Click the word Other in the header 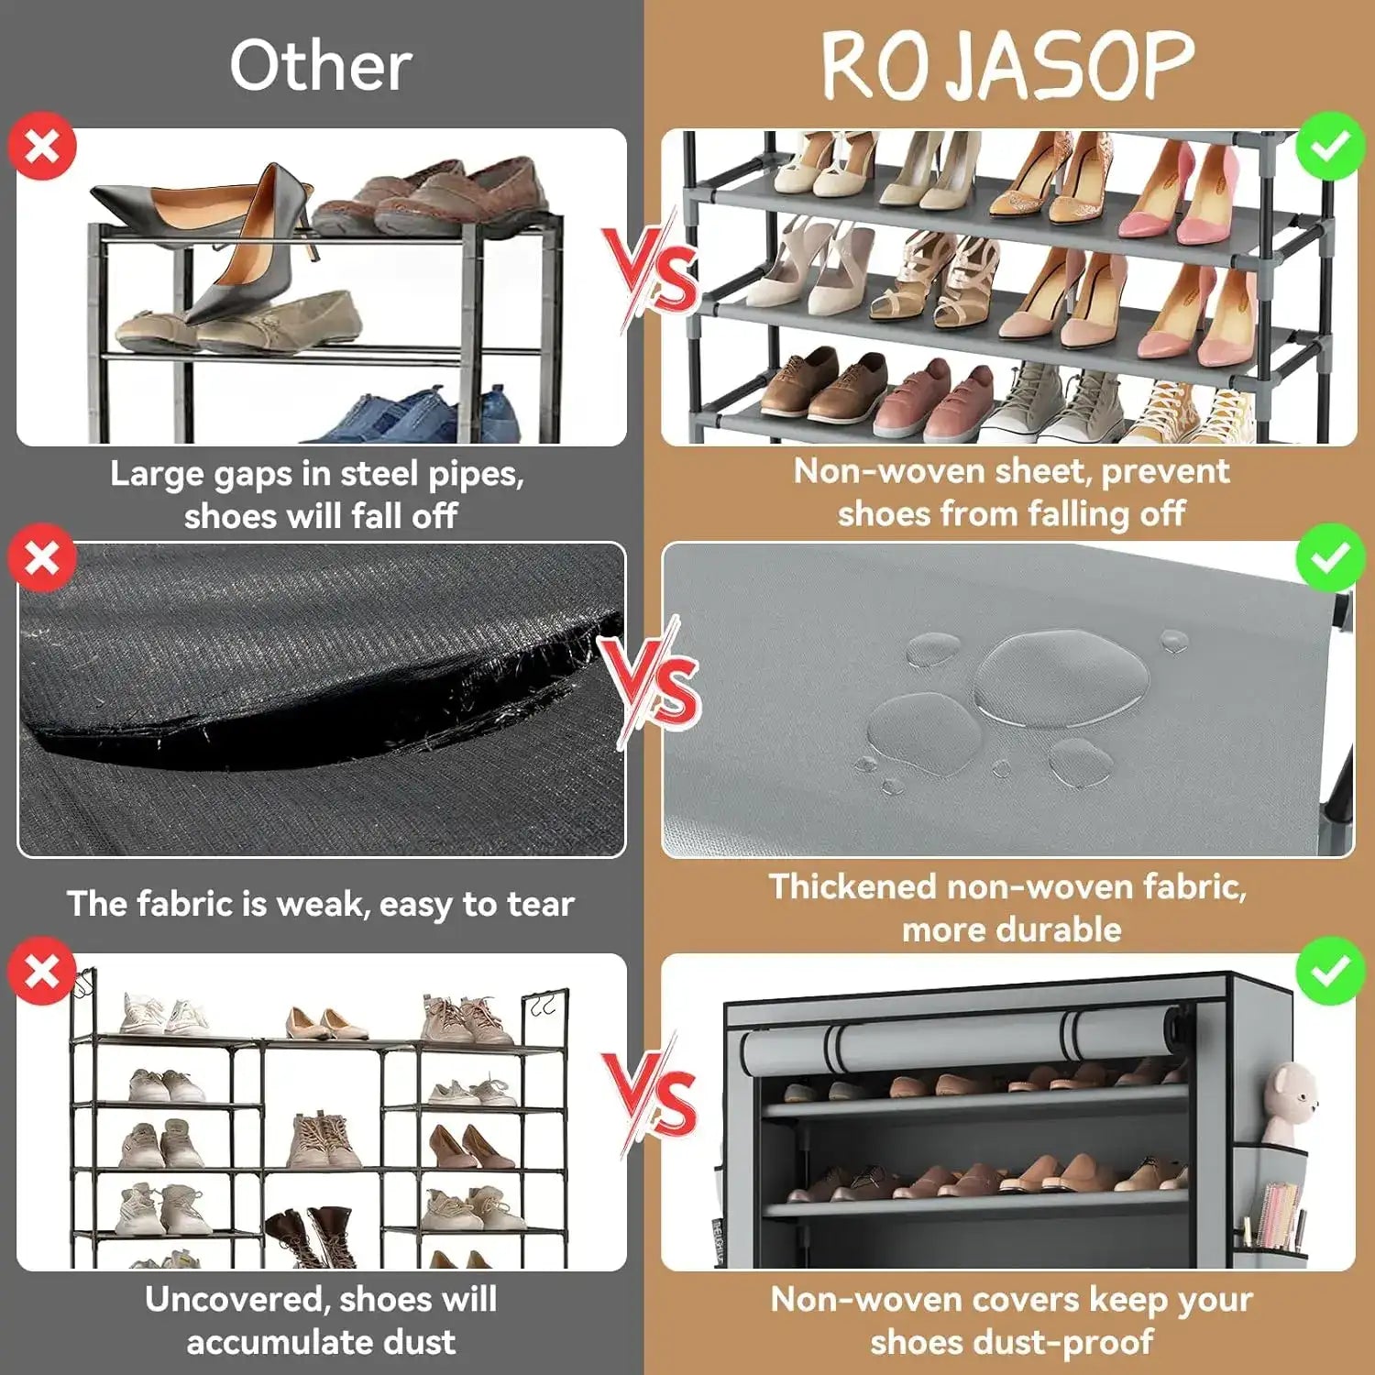320,66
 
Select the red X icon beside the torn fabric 42,557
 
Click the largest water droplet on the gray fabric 1061,676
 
